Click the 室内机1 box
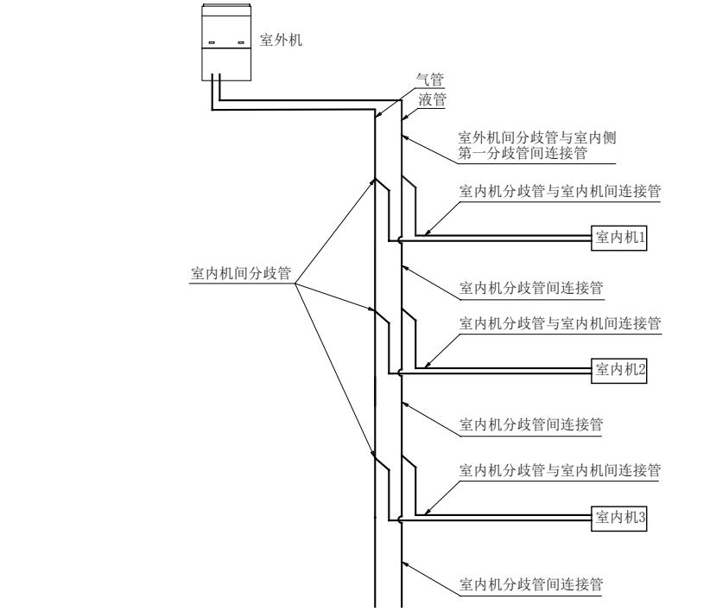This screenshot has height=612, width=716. [618, 237]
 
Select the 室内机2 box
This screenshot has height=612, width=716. [618, 370]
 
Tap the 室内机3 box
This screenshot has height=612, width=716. [618, 518]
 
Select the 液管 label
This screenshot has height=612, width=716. [432, 99]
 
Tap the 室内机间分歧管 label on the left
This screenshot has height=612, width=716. [240, 272]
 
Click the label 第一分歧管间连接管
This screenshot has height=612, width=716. [523, 154]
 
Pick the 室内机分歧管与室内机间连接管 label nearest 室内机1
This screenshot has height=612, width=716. [560, 191]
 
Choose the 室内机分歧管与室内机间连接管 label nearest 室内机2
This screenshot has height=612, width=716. [560, 323]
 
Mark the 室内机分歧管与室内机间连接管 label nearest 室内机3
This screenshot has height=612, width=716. [560, 471]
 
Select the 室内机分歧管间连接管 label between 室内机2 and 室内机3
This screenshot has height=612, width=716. [531, 424]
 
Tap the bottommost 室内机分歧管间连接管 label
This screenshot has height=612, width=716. [531, 583]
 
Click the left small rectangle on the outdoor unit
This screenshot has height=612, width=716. [212, 42]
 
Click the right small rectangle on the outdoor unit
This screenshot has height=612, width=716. [241, 42]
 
